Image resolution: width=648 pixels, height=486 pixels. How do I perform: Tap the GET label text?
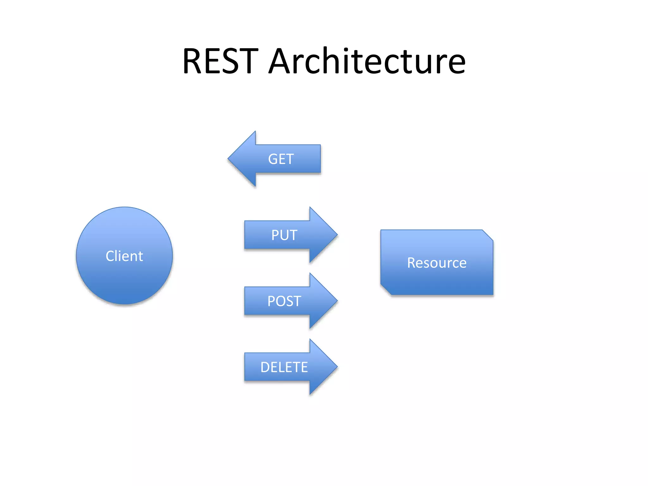(281, 159)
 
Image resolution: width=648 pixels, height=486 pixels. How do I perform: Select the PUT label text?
(284, 235)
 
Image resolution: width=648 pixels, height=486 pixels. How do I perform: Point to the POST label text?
(284, 301)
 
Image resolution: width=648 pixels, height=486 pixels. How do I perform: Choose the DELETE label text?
(284, 367)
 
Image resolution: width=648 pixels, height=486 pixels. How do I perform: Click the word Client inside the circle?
(124, 256)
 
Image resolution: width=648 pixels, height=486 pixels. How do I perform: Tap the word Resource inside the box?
(437, 263)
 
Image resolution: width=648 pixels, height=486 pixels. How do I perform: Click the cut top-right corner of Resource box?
(488, 235)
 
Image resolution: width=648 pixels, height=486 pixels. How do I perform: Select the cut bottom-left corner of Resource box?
(386, 290)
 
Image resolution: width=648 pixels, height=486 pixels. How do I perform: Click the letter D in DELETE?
(265, 367)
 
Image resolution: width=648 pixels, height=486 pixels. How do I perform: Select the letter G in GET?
(273, 159)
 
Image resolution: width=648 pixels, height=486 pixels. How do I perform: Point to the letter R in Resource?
(412, 263)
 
